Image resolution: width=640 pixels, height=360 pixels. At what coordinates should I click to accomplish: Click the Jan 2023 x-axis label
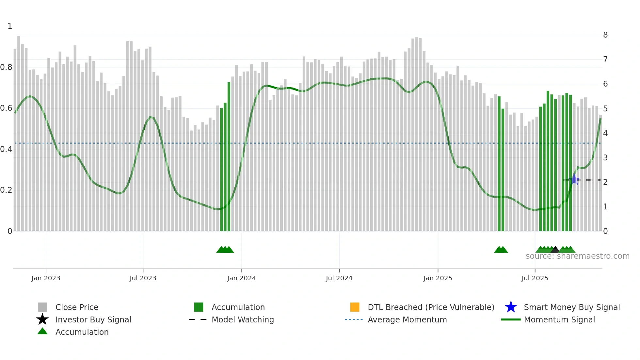[46, 278]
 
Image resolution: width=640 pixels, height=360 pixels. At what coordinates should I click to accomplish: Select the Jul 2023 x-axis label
[143, 278]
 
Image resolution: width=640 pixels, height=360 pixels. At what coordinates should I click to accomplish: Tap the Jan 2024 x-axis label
[241, 278]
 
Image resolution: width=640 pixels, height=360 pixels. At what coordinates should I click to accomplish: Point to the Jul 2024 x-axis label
[339, 278]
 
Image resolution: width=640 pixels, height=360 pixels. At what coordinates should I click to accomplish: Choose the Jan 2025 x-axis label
[438, 278]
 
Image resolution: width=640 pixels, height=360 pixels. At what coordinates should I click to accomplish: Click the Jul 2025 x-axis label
[535, 278]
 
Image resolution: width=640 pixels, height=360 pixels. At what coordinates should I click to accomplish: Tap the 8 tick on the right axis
[605, 35]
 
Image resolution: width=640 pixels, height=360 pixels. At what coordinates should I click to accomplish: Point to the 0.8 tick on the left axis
[6, 67]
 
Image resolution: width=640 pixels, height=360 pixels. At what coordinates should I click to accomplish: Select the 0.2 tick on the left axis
[6, 190]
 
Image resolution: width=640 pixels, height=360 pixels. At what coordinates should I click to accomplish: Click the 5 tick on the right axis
[605, 108]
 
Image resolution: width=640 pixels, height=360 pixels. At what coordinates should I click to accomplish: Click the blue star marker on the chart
[574, 179]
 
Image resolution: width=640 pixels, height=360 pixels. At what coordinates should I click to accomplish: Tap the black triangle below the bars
[555, 250]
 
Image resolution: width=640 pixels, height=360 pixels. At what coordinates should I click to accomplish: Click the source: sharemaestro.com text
[577, 256]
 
